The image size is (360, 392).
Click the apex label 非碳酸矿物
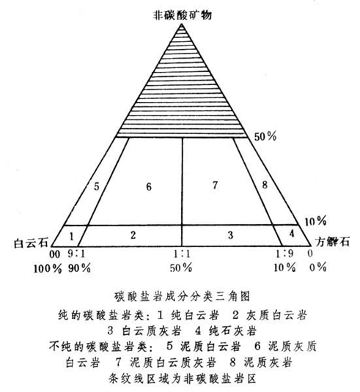pyautogui.click(x=183, y=15)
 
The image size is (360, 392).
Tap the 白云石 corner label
pyautogui.click(x=31, y=243)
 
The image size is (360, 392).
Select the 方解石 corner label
pyautogui.click(x=332, y=242)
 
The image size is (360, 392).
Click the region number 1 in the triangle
pyautogui.click(x=72, y=236)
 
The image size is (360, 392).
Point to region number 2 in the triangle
pyautogui.click(x=133, y=235)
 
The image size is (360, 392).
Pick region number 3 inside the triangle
pyautogui.click(x=230, y=235)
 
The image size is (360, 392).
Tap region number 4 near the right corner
pyautogui.click(x=292, y=233)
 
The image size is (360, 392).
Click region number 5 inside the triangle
pyautogui.click(x=97, y=187)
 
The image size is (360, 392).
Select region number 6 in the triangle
pyautogui.click(x=149, y=187)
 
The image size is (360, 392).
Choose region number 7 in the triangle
pyautogui.click(x=215, y=185)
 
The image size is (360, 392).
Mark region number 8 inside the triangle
pyautogui.click(x=265, y=185)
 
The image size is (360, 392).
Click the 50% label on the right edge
pyautogui.click(x=265, y=136)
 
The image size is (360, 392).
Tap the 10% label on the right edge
pyautogui.click(x=315, y=221)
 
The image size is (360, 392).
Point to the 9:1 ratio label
pyautogui.click(x=76, y=254)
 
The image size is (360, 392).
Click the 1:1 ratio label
pyautogui.click(x=182, y=254)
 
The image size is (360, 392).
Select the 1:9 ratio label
pyautogui.click(x=284, y=254)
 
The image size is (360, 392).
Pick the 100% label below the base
pyautogui.click(x=48, y=269)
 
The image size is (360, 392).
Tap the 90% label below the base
pyautogui.click(x=79, y=268)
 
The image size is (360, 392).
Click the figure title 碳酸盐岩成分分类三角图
pyautogui.click(x=182, y=297)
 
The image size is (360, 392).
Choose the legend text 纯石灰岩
pyautogui.click(x=232, y=331)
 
